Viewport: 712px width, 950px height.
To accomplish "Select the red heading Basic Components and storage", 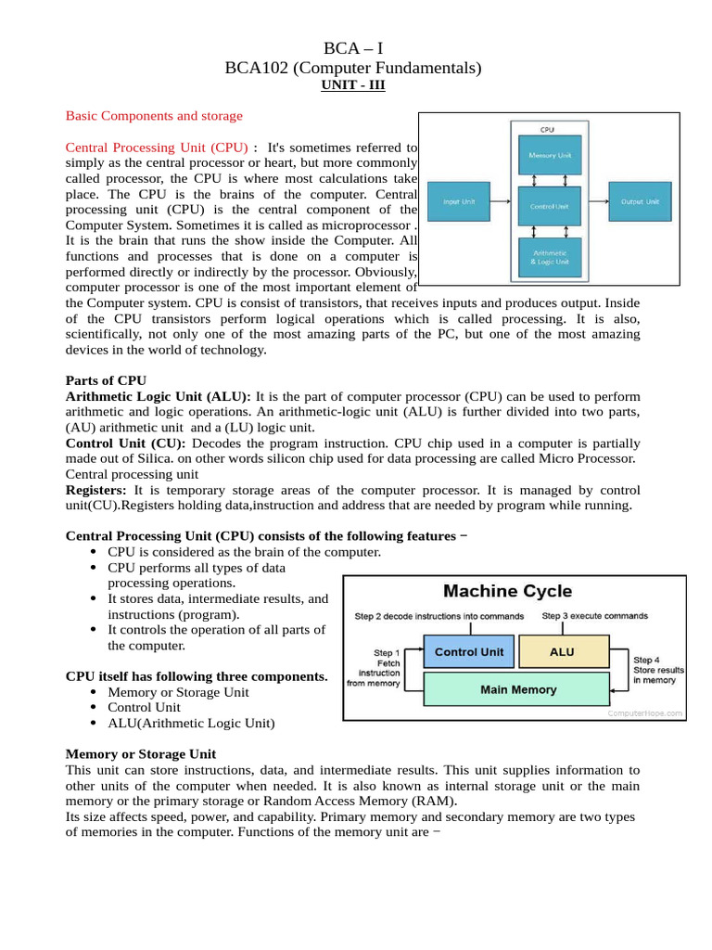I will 154,116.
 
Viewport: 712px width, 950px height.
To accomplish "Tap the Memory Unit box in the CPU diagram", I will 549,155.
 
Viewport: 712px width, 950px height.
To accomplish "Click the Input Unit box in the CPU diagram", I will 461,201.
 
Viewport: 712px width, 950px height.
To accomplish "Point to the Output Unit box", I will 640,201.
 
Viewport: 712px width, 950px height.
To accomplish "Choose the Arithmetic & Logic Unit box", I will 549,256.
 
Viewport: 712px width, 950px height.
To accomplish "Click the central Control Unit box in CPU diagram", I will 549,206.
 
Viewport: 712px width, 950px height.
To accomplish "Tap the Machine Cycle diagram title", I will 508,591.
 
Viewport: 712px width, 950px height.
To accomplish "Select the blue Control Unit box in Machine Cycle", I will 469,652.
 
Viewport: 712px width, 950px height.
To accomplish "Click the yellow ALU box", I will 563,652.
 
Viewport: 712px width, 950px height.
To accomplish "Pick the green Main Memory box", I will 517,689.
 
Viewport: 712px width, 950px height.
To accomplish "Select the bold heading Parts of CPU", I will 106,380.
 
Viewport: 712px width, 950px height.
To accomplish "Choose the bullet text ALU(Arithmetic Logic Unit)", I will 191,723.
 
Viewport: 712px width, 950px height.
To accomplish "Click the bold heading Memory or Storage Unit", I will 141,754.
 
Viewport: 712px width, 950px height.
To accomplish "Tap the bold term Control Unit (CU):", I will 126,443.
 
